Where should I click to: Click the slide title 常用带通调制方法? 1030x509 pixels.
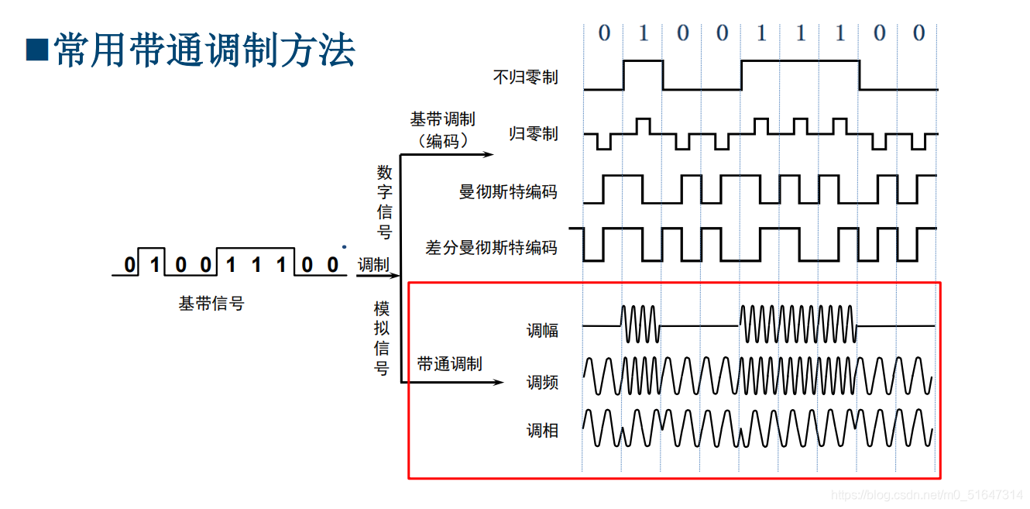click(204, 51)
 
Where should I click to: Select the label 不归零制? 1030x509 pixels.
click(525, 77)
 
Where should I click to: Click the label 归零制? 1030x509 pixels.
click(533, 134)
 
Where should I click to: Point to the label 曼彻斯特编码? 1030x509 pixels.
click(508, 191)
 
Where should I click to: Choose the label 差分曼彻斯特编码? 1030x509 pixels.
click(491, 248)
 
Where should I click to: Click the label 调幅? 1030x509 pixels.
click(542, 331)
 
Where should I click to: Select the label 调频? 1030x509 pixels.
click(542, 382)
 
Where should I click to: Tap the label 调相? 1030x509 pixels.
click(542, 431)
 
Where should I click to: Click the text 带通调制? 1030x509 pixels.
click(449, 363)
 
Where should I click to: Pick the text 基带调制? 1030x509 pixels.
click(442, 119)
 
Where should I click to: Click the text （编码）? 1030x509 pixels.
click(442, 141)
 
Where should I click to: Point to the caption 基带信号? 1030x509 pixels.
click(211, 304)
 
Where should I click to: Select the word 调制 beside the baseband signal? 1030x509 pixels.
click(373, 265)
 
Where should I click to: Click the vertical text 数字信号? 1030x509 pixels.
click(385, 201)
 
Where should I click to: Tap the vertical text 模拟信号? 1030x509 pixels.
click(382, 339)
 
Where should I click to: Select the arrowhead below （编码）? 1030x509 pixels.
click(487, 154)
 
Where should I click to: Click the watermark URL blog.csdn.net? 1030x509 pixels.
click(926, 495)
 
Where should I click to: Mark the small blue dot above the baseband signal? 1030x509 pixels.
click(344, 247)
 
